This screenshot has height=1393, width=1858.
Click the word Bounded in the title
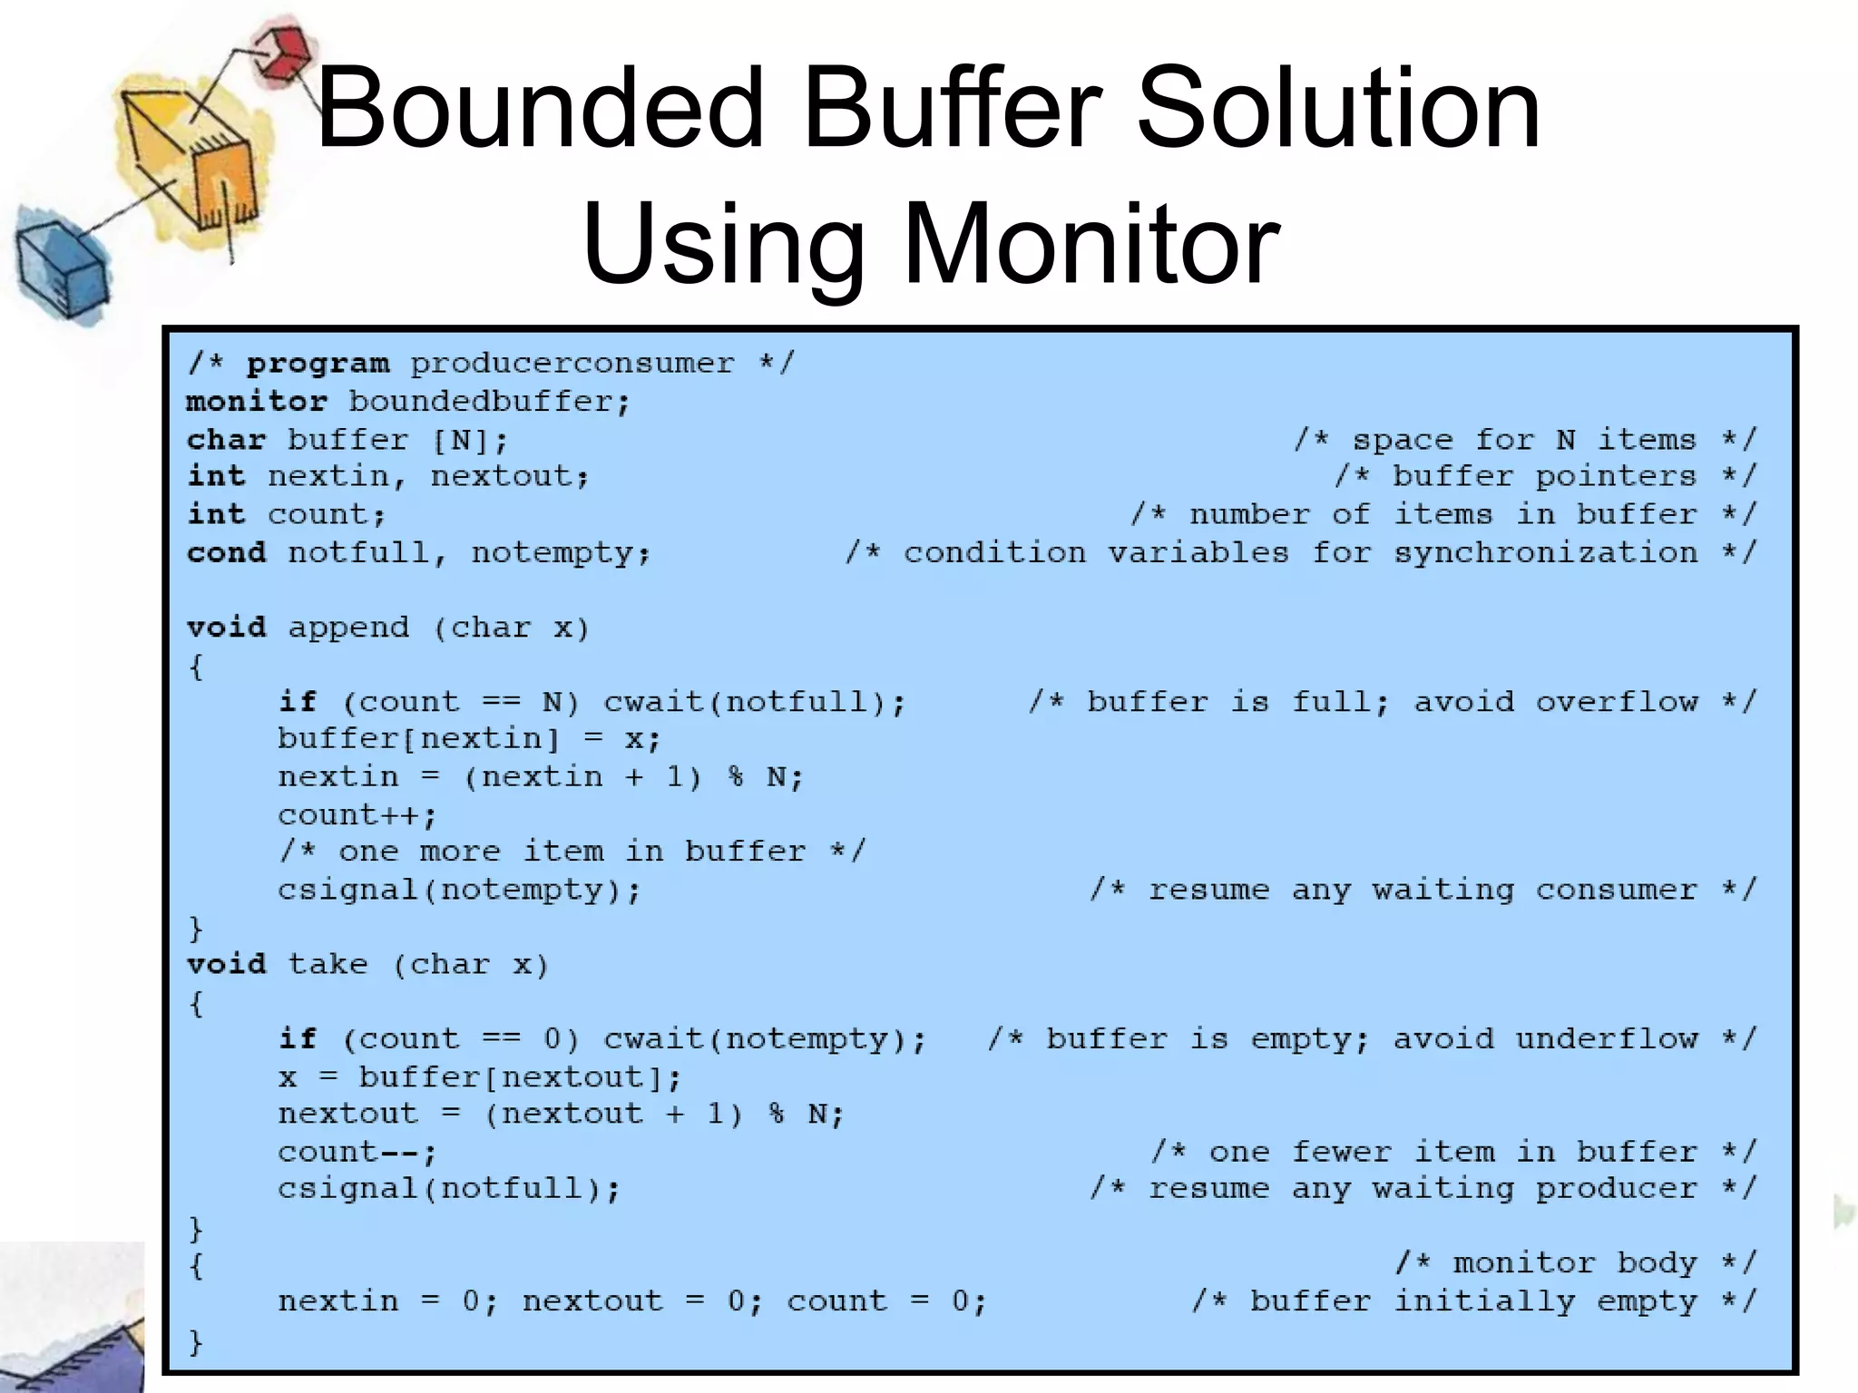[x=540, y=109]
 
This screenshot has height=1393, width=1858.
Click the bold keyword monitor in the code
[x=257, y=402]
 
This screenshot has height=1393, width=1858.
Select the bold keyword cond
[x=227, y=552]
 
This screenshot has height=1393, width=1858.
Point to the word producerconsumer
[x=572, y=364]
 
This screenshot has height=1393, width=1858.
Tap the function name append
[x=348, y=628]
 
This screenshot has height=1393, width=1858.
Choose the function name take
[x=328, y=964]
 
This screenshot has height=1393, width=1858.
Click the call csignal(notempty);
[x=459, y=891]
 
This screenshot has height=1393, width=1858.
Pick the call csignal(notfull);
[x=449, y=1189]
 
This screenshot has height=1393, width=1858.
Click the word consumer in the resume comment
[x=1616, y=891]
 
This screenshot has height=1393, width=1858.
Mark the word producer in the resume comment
[x=1616, y=1189]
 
